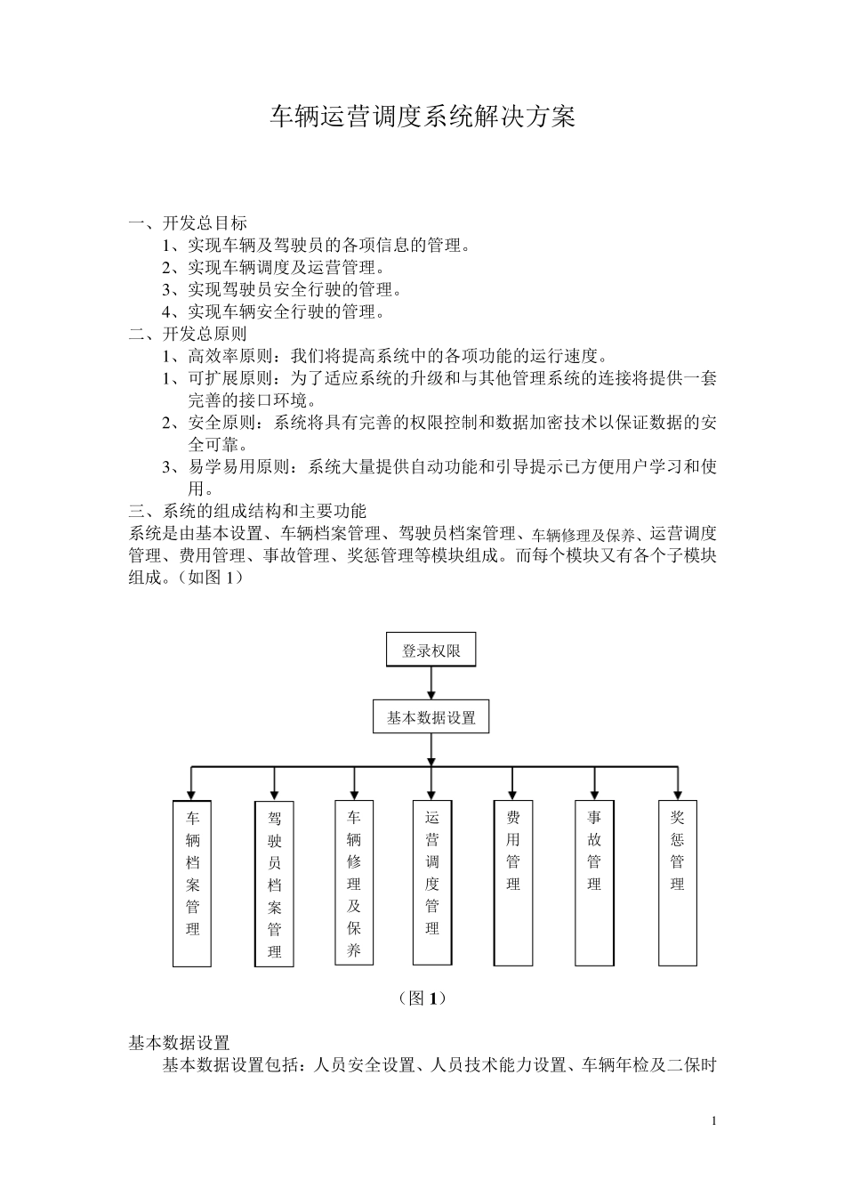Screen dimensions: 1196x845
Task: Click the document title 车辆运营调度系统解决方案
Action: pos(422,117)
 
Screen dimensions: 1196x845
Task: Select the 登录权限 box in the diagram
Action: pos(431,650)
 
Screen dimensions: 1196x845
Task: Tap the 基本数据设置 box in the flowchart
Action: pos(431,717)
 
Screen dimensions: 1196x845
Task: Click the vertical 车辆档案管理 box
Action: pos(192,883)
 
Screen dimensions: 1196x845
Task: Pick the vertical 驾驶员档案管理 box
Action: pos(274,884)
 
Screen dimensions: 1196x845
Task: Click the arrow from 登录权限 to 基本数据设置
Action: pos(431,683)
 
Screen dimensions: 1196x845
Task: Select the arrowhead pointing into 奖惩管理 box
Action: pos(678,794)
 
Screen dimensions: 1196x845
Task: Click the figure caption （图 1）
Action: pos(422,998)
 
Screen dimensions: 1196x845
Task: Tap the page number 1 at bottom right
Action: pos(713,1120)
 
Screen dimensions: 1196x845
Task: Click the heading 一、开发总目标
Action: pos(188,222)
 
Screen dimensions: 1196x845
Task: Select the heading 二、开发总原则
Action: pos(188,334)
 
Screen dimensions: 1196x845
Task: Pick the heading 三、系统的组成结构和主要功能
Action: pos(247,511)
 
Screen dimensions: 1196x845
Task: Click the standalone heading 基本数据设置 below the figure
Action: pos(180,1042)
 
